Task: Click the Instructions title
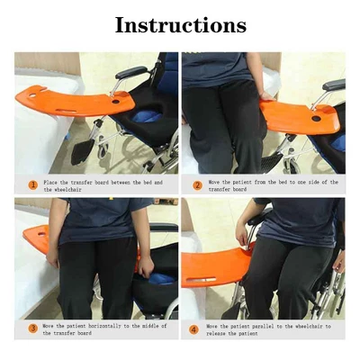(x=181, y=25)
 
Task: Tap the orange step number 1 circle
(x=33, y=185)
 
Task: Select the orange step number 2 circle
(x=197, y=185)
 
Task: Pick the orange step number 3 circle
(x=33, y=328)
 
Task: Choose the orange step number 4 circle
(x=193, y=330)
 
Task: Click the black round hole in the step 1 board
(x=115, y=102)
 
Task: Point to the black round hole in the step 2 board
(x=316, y=119)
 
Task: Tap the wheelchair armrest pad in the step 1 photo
(x=131, y=72)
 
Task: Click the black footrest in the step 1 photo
(x=82, y=151)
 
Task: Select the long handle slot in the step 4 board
(x=201, y=280)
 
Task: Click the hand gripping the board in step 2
(x=266, y=96)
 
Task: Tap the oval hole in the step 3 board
(x=41, y=234)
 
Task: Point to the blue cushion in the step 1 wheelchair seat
(x=147, y=116)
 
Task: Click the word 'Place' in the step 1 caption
(x=50, y=182)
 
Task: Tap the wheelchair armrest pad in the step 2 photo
(x=334, y=85)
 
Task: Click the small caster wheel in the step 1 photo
(x=103, y=150)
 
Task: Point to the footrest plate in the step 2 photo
(x=271, y=163)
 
